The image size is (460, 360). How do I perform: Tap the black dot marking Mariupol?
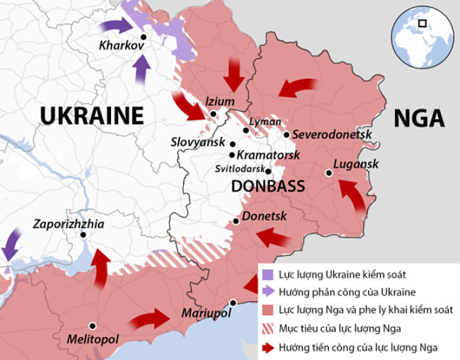tap(233, 302)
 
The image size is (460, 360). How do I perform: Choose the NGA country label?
tap(419, 118)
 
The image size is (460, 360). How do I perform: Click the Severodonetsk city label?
tap(333, 135)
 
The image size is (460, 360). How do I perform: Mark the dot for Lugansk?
tap(328, 173)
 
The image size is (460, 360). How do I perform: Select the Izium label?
tap(220, 102)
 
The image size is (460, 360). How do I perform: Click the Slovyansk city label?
tap(199, 144)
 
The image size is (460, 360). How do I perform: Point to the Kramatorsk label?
tap(269, 155)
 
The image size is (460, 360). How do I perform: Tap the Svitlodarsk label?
tap(240, 169)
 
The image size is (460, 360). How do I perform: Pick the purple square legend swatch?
tap(268, 275)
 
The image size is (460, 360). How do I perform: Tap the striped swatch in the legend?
tap(268, 330)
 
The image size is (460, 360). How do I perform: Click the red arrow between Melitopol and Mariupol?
tap(151, 317)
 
